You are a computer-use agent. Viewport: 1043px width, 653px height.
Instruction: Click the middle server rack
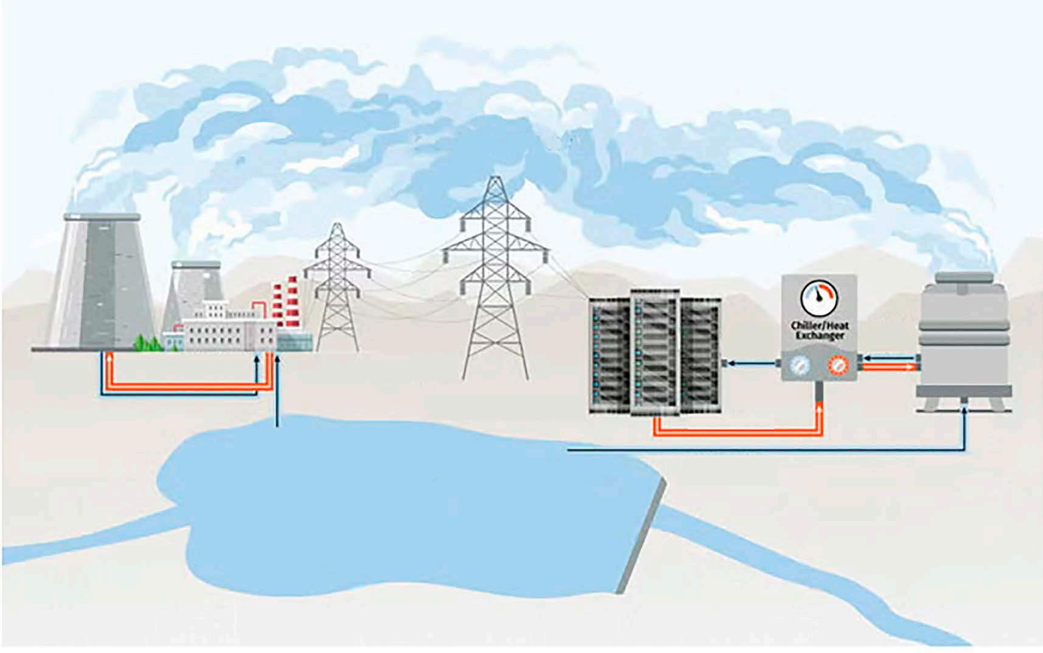655,353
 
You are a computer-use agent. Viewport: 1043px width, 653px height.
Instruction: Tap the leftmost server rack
610,356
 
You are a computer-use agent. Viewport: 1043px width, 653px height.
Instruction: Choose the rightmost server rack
700,356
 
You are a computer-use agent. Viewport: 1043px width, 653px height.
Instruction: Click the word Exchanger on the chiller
820,335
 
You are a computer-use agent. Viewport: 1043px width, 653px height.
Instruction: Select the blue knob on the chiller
798,365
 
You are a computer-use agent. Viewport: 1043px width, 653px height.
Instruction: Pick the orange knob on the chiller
839,365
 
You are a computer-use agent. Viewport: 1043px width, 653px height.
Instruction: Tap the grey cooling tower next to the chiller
964,341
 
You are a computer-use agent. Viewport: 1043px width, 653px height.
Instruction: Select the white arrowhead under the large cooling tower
109,358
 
